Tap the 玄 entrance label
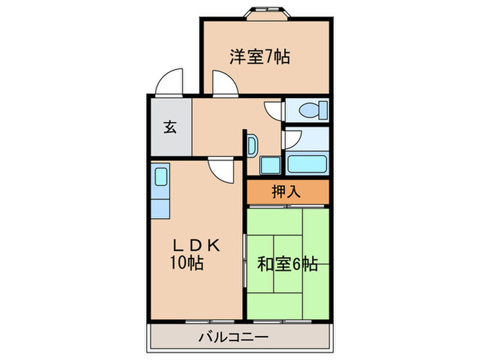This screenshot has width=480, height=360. click(168, 127)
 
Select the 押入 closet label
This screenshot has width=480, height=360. click(287, 193)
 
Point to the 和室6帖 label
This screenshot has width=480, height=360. click(287, 263)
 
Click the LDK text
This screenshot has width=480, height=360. click(195, 245)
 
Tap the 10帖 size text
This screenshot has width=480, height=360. click(187, 263)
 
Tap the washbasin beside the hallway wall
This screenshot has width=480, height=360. click(252, 146)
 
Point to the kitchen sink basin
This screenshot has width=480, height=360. click(160, 176)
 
